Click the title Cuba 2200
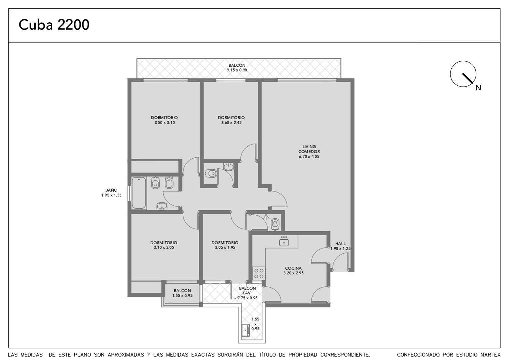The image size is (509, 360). coord(54,25)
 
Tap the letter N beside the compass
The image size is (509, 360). coord(478,88)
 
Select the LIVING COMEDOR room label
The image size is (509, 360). coord(309,149)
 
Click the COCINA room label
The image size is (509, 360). coord(293,268)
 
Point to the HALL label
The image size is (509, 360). coord(340,244)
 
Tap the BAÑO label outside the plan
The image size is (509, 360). coord(111,190)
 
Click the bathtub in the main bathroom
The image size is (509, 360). coord(139,193)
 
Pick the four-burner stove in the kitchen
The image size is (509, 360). coord(259,273)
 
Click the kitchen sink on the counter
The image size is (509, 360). coord(284,241)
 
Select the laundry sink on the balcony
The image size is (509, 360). coord(246,330)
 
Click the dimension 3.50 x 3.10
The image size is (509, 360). coord(165,123)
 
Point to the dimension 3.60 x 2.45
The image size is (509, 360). coord(231,123)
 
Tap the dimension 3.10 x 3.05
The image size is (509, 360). coord(164,247)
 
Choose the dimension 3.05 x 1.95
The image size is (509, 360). coord(225,247)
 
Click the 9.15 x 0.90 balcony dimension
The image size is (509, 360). coord(237,70)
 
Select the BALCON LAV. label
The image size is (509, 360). coord(247,291)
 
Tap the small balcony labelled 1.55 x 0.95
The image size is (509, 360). coord(182,293)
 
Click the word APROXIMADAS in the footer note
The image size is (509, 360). coord(126,355)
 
